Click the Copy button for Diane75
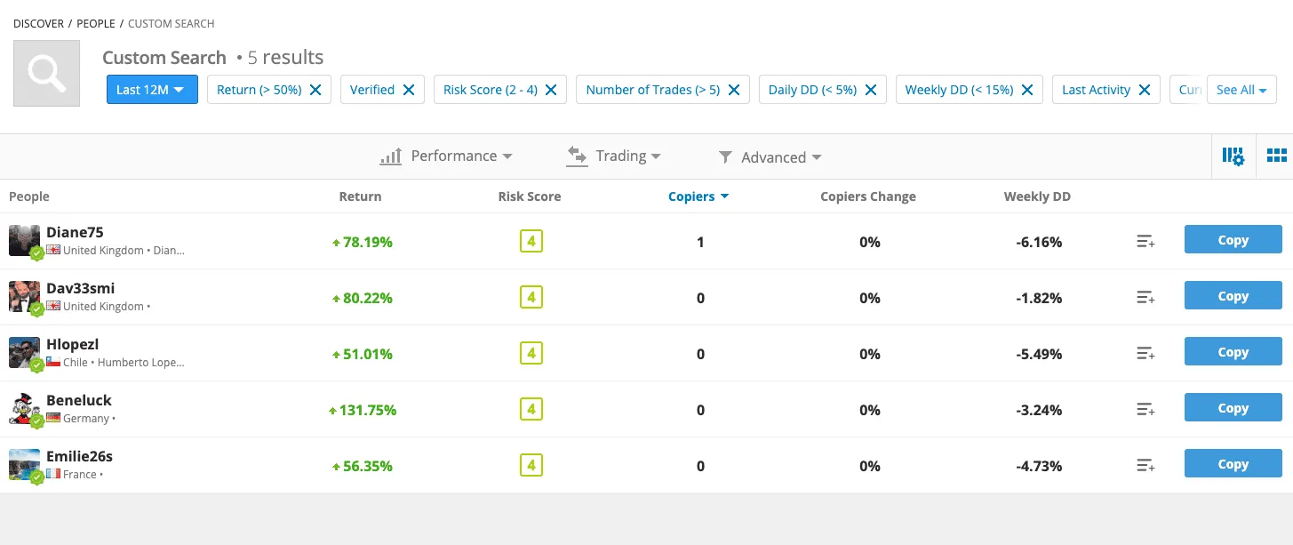coord(1233,239)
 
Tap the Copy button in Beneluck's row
coord(1233,407)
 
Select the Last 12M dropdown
coord(152,90)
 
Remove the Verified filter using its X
coord(409,90)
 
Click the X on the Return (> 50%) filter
coord(315,90)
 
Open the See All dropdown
coord(1241,90)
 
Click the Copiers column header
coord(698,196)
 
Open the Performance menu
coord(446,156)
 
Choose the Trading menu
coord(613,156)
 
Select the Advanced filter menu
coord(770,157)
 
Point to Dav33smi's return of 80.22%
coord(363,298)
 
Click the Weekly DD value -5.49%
coord(1039,354)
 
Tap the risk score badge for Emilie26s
coord(531,465)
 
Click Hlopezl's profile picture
coord(25,352)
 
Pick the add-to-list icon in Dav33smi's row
coord(1145,297)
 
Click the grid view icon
coord(1276,156)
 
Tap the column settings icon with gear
coord(1233,156)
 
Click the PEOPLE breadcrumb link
coord(96,24)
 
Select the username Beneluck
coord(79,400)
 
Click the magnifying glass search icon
coord(47,73)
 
